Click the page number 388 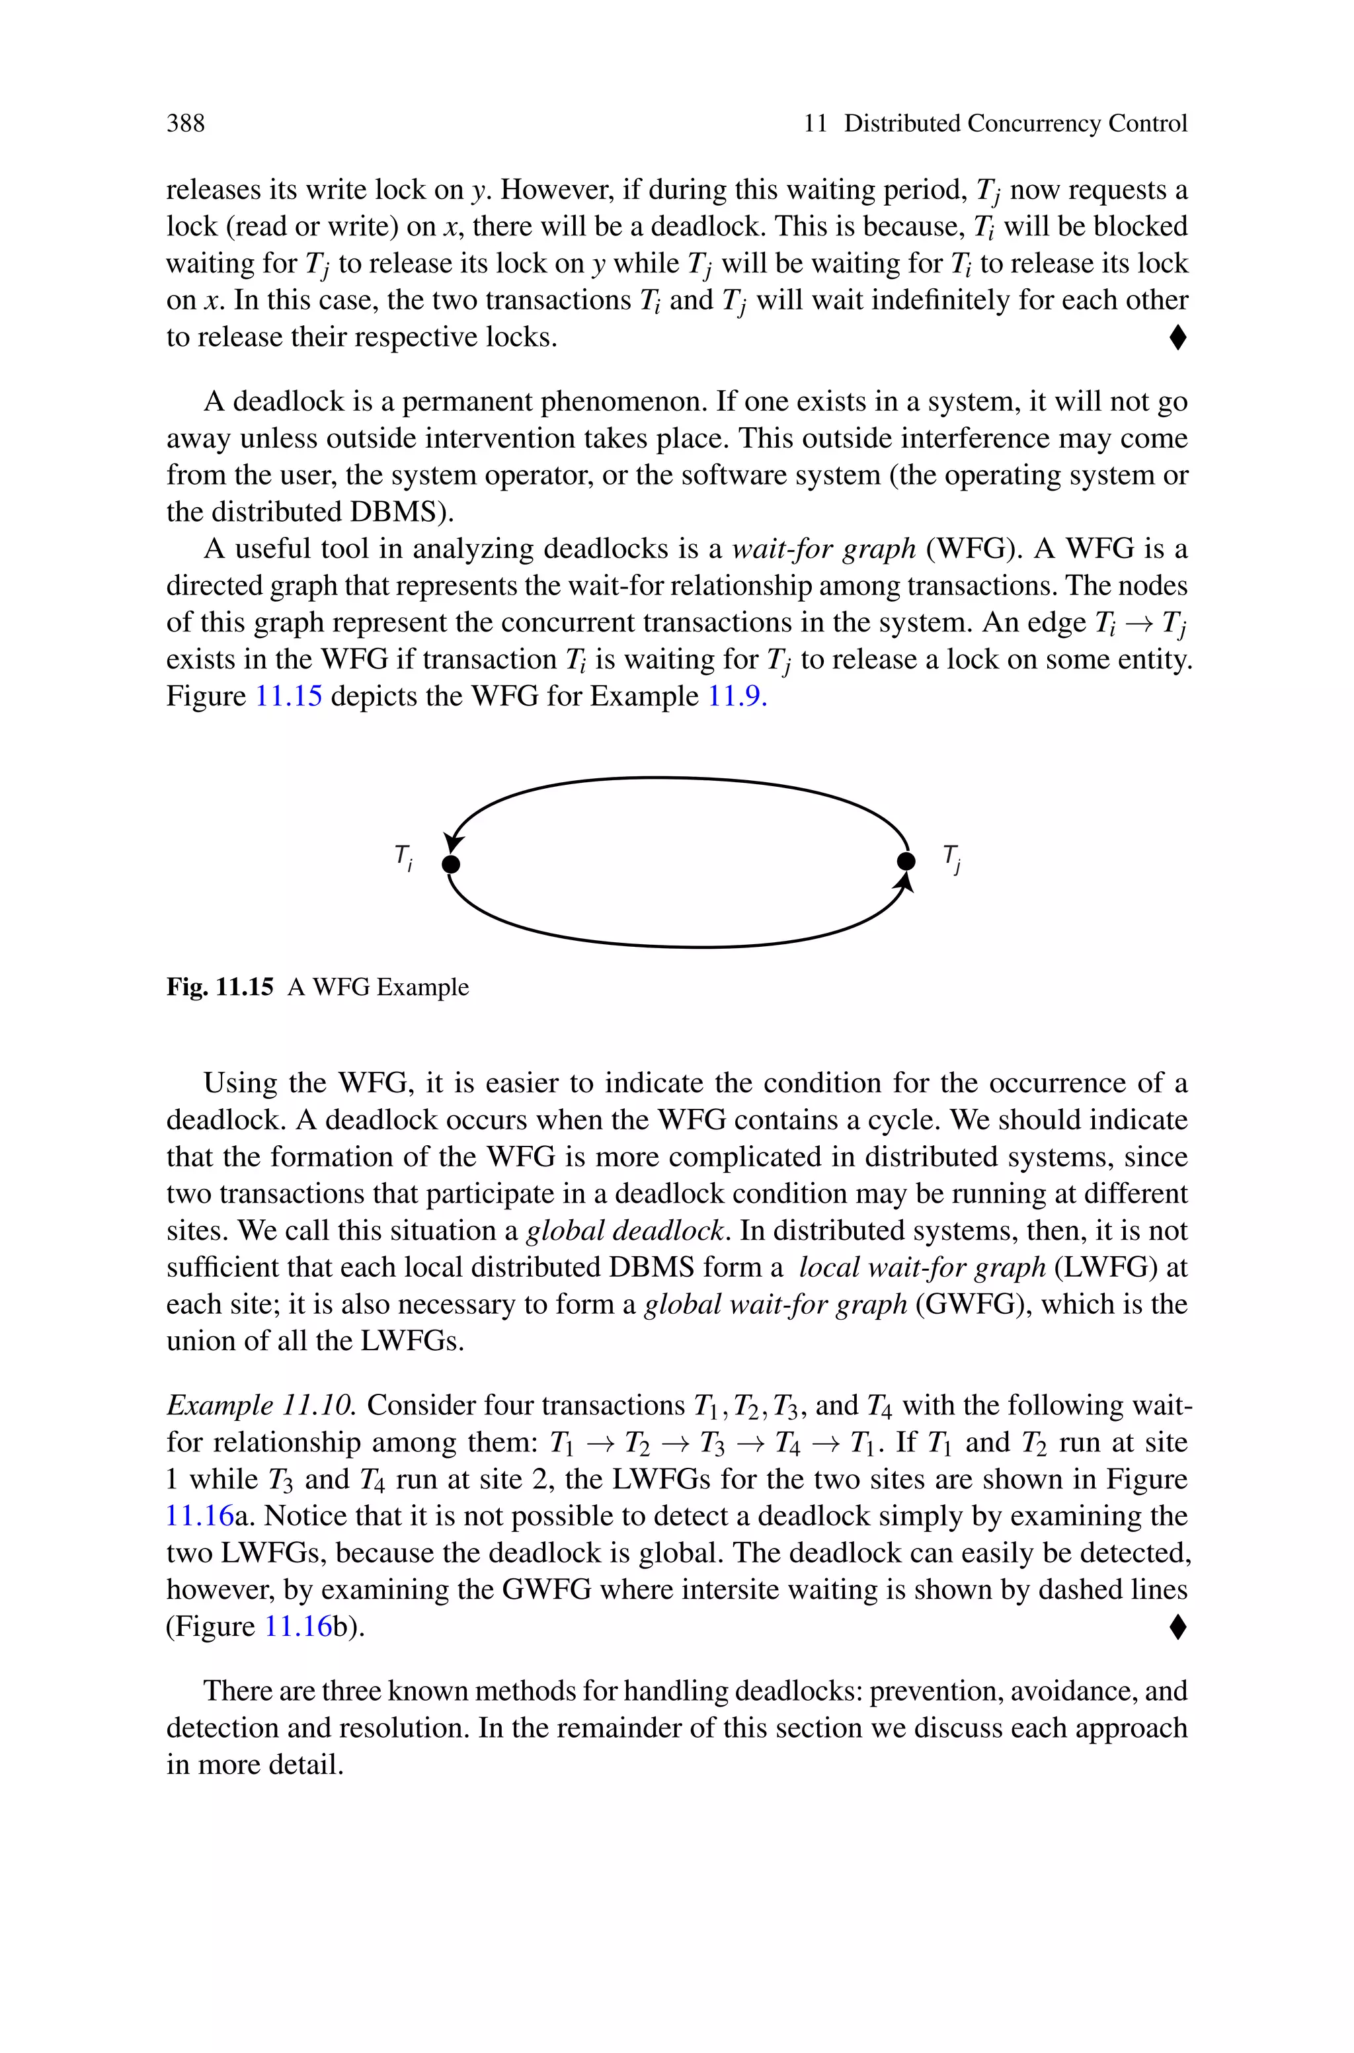[186, 124]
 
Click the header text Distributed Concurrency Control [1015, 124]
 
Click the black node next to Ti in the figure [451, 864]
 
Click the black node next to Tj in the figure [906, 861]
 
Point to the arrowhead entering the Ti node [452, 842]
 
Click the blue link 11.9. [737, 696]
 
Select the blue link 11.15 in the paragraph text [288, 696]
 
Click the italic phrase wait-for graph [823, 549]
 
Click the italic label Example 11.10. [260, 1406]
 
